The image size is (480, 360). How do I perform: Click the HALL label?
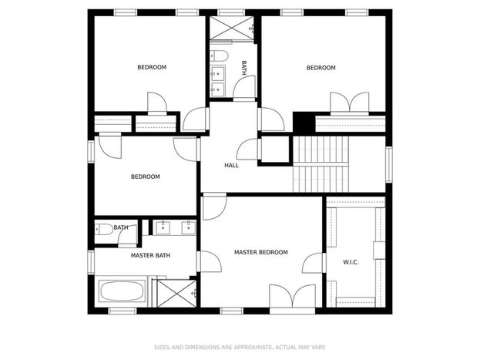click(x=231, y=166)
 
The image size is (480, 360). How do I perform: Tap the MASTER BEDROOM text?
click(x=261, y=252)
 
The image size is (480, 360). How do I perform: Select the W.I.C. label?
click(x=351, y=262)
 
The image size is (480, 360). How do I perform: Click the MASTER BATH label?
click(x=150, y=255)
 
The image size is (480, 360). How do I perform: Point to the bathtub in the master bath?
click(x=122, y=291)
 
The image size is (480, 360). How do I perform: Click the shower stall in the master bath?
click(x=176, y=293)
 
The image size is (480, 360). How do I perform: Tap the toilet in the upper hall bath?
click(x=219, y=56)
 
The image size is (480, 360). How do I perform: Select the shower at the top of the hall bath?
click(x=232, y=28)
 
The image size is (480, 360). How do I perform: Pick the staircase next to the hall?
click(x=321, y=164)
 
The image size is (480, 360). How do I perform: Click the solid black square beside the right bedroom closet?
click(x=304, y=123)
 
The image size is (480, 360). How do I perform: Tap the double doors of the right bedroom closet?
click(x=350, y=103)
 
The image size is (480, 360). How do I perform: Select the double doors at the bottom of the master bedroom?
click(x=292, y=296)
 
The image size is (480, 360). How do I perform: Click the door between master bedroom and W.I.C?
click(x=313, y=263)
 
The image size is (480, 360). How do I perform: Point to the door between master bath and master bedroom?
click(x=210, y=261)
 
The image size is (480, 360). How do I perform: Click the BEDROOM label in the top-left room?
click(x=152, y=67)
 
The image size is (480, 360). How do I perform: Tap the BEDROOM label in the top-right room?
click(x=321, y=68)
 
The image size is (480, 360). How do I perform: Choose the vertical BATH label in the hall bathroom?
click(x=244, y=68)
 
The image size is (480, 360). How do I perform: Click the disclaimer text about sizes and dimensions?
click(x=240, y=347)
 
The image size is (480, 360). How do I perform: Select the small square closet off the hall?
click(x=275, y=150)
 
